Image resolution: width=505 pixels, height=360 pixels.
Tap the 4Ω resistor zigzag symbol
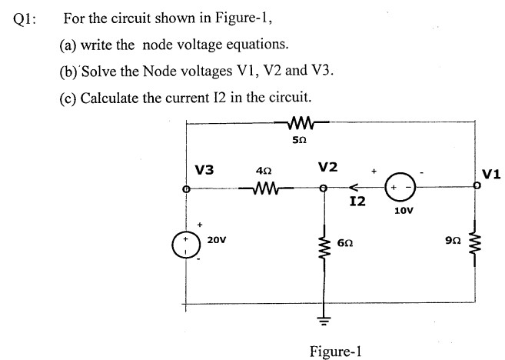(x=255, y=187)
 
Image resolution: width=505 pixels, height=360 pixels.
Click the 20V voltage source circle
(x=185, y=241)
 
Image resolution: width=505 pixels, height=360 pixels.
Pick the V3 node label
(x=204, y=168)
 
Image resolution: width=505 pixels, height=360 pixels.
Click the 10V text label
(x=402, y=209)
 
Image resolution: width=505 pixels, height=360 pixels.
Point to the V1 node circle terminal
(x=477, y=186)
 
